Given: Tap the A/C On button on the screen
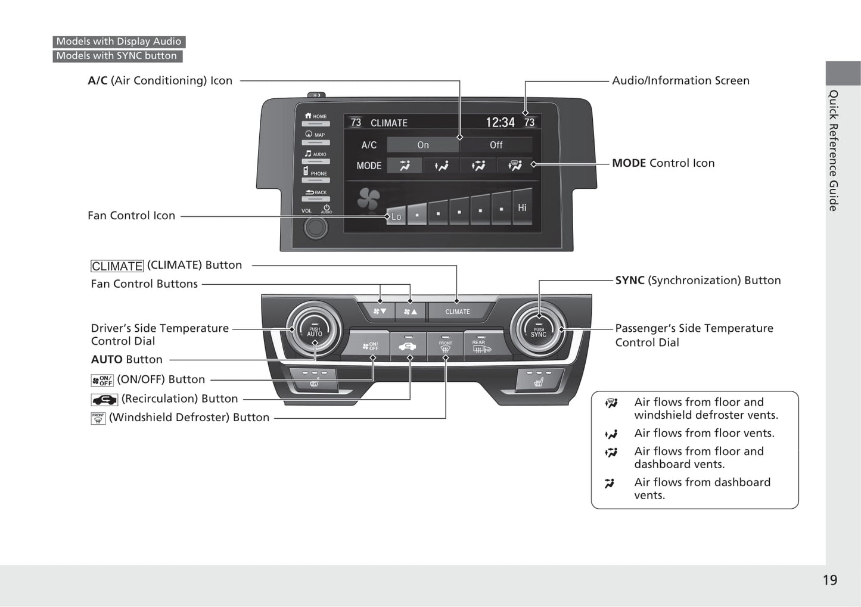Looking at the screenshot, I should click(x=423, y=145).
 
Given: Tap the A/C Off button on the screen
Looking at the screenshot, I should click(x=496, y=145).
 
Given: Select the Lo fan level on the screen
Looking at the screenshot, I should click(x=396, y=216).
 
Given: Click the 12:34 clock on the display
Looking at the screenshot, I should click(x=500, y=123).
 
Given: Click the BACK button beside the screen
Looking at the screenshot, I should click(x=316, y=194).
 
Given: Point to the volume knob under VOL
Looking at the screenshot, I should click(x=315, y=227).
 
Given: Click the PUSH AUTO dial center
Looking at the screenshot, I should click(x=314, y=331).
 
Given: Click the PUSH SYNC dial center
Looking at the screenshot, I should click(x=539, y=331).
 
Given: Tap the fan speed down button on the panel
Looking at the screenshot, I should click(x=380, y=311).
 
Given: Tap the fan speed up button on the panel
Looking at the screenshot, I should click(x=411, y=311).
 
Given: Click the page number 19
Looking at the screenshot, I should click(x=829, y=580).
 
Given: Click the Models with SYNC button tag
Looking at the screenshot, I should click(x=117, y=56).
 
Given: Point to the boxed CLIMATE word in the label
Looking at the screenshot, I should click(x=117, y=266).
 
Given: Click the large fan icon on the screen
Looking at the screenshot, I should click(x=368, y=199).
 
